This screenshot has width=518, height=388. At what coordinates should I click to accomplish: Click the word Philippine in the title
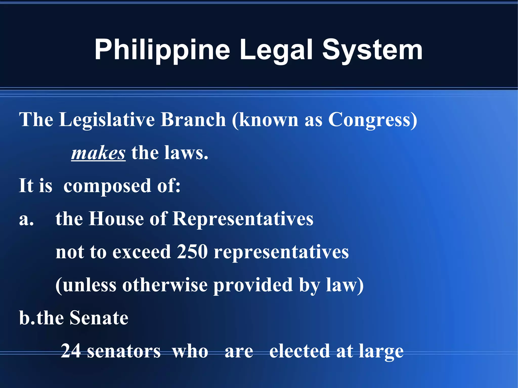(x=162, y=50)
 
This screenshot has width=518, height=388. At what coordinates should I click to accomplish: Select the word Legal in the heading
(x=276, y=50)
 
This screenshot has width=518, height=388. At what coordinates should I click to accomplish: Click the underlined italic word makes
(x=98, y=153)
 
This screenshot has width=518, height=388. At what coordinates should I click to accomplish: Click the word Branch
(x=193, y=120)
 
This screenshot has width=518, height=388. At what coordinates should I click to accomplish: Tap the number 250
(x=192, y=252)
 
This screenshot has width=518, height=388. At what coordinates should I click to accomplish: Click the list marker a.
(x=26, y=219)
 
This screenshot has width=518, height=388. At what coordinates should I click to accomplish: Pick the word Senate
(x=99, y=318)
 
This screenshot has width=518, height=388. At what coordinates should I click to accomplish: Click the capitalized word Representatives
(x=243, y=219)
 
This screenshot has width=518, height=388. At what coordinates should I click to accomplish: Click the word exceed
(x=142, y=252)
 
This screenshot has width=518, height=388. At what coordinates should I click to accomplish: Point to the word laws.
(x=186, y=153)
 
